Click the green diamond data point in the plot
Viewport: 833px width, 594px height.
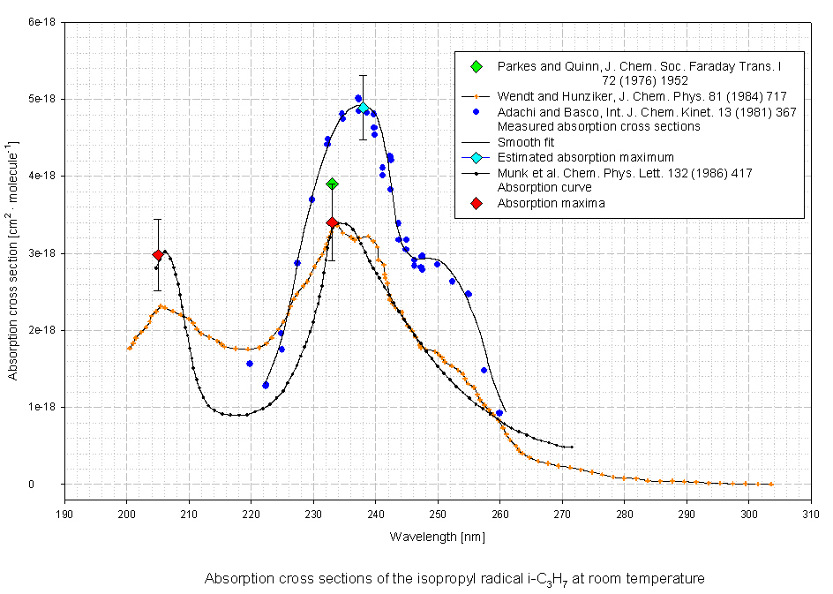332,184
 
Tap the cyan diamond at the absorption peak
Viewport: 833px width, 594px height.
363,108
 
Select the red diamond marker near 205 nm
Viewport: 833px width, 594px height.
158,255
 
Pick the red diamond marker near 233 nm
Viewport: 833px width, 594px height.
332,222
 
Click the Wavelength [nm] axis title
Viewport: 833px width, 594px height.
437,536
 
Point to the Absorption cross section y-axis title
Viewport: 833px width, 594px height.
14,260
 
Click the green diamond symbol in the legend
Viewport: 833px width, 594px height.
477,67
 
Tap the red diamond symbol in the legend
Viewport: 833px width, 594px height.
477,203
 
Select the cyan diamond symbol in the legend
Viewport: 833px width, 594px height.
477,157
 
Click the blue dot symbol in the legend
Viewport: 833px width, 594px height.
477,112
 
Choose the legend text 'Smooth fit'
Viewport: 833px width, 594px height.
526,142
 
